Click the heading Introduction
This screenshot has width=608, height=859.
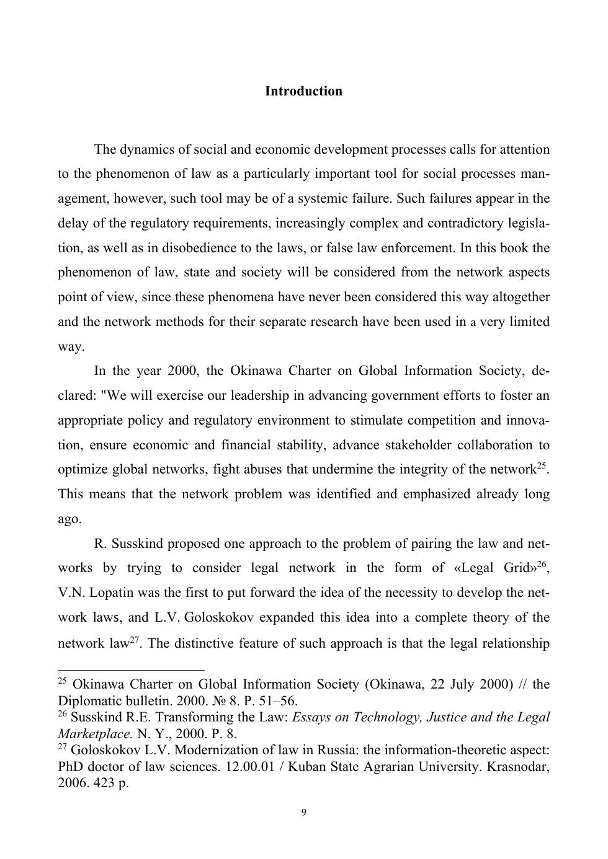tap(303, 91)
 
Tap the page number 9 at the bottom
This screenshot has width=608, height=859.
tap(303, 813)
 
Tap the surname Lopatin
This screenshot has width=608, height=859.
tap(112, 592)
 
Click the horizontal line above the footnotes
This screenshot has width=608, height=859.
tap(131, 670)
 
